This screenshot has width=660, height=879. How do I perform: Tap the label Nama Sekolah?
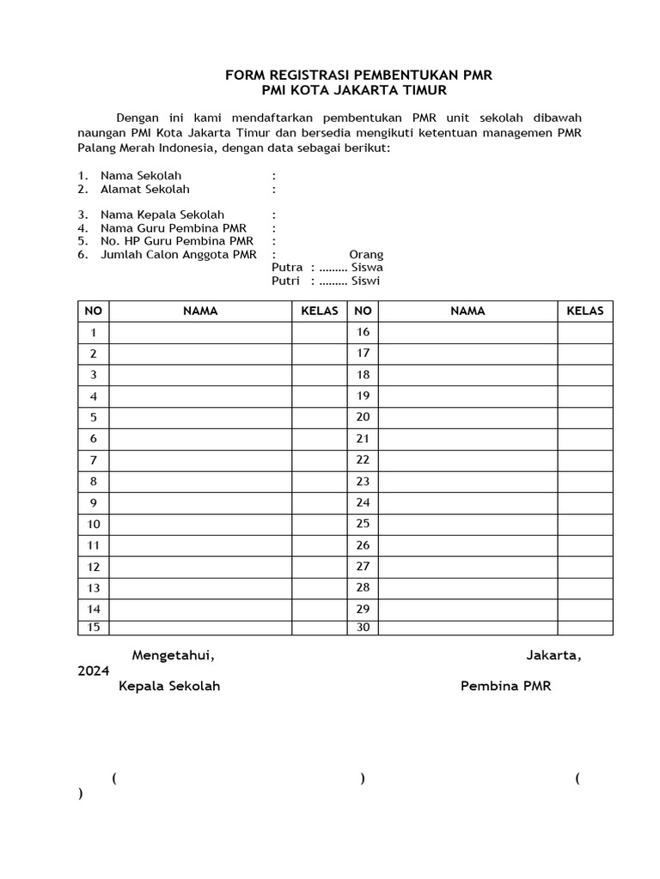[141, 176]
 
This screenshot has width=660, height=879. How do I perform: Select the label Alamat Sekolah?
[145, 189]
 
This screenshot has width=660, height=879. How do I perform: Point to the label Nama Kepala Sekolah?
[162, 215]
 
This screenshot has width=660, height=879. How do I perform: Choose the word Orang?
[366, 255]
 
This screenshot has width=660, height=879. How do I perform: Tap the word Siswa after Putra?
[367, 267]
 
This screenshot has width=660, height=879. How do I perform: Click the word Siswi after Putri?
[365, 281]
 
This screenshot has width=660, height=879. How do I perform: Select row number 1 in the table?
[93, 332]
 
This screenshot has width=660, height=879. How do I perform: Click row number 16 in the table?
[363, 332]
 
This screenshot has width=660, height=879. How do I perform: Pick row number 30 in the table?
[363, 627]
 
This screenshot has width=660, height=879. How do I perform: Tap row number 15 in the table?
[93, 627]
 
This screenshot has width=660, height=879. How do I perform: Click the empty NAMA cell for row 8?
[200, 482]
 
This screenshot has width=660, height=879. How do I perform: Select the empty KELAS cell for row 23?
[584, 482]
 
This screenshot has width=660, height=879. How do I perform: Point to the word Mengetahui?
[173, 656]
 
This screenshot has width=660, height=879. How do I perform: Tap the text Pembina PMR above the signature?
[506, 687]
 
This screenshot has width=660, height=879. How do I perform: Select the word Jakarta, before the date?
[553, 656]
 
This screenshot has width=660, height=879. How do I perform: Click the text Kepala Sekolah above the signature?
[169, 687]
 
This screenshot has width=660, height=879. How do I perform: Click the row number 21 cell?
[363, 439]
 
